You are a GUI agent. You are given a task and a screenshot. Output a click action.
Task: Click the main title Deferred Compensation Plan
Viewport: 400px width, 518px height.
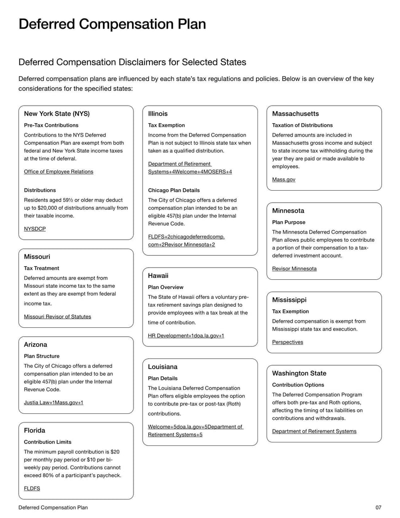coord(112,25)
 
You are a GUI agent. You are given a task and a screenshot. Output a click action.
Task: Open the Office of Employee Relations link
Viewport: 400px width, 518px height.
coord(58,172)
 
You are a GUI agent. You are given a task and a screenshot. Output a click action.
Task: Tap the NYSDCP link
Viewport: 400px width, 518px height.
coord(34,229)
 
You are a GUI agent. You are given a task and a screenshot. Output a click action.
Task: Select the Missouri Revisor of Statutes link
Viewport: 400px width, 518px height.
coord(57,316)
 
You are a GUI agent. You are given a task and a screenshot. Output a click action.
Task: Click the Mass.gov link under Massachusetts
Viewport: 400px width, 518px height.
coord(283,180)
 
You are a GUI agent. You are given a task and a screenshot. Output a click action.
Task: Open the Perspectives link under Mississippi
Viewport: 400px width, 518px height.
coord(287,342)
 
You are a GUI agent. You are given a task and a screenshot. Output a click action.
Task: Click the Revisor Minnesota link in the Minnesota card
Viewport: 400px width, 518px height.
coord(294,269)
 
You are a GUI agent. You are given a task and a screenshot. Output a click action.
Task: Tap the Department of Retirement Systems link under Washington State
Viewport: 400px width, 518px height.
coord(314,431)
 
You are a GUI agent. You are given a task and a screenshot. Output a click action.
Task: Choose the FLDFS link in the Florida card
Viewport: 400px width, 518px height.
coord(32,488)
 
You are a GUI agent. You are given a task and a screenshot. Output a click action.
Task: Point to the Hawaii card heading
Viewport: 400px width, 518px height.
coord(158,276)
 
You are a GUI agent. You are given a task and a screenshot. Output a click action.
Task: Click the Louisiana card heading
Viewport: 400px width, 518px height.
coord(162,367)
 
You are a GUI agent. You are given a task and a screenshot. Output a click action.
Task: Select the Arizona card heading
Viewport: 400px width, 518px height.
coord(35,344)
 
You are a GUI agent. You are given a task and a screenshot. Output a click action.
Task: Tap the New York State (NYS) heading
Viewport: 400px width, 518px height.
coord(57,114)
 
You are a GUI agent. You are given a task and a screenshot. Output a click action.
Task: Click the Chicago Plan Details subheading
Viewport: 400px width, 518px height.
coord(173,190)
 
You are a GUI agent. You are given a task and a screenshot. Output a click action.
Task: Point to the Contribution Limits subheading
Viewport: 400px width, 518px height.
coord(47,442)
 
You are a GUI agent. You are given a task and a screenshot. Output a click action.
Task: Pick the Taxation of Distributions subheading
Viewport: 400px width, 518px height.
coord(302,125)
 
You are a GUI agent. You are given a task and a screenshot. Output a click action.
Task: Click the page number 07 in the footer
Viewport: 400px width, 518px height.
coord(378,507)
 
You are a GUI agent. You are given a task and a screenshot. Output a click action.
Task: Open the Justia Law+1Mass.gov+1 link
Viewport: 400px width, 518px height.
coord(53,402)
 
